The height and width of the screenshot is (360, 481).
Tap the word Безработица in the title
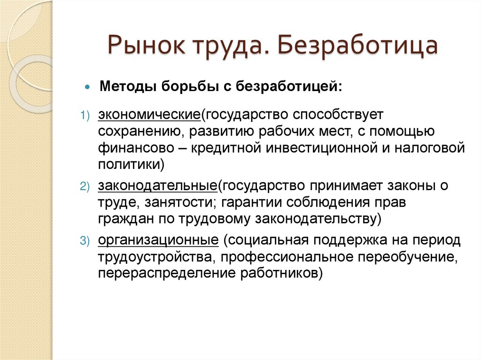[x=357, y=47]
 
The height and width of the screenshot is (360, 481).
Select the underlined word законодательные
[x=157, y=186]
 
